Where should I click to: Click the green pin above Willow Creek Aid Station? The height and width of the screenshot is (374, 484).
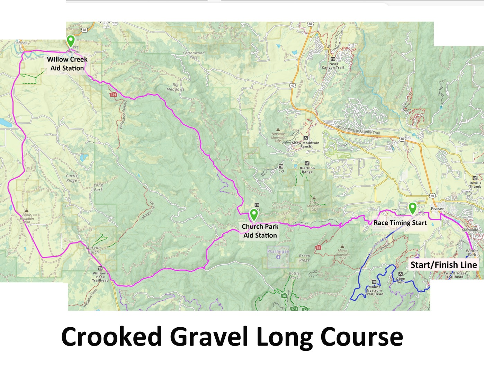point(71,40)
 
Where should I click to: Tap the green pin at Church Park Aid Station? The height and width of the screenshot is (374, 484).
point(254,214)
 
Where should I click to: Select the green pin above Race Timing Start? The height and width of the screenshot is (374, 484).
point(412,208)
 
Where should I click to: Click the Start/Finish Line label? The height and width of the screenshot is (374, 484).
point(443,265)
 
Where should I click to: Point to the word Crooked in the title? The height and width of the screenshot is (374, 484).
point(111,337)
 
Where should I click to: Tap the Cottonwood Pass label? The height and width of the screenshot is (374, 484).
point(194,55)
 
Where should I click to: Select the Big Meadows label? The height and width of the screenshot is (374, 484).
point(176,87)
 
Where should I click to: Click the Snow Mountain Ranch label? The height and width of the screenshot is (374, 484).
point(306,144)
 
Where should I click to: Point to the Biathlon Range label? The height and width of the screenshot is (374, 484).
point(307,170)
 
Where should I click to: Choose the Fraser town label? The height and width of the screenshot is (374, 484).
point(437,208)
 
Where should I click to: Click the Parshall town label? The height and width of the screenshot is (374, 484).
point(20,43)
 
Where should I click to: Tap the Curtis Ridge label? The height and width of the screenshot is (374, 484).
point(72,178)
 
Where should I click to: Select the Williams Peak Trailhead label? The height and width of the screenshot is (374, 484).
point(100,277)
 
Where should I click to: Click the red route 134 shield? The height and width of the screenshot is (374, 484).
point(113,95)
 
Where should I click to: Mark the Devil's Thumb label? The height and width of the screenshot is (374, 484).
point(475,185)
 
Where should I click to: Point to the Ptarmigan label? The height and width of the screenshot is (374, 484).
point(278,251)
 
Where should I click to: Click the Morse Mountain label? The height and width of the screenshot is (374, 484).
point(342,254)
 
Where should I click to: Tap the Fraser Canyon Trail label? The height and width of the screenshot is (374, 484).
point(333,66)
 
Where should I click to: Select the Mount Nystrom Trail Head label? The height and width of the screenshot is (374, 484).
point(374,291)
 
